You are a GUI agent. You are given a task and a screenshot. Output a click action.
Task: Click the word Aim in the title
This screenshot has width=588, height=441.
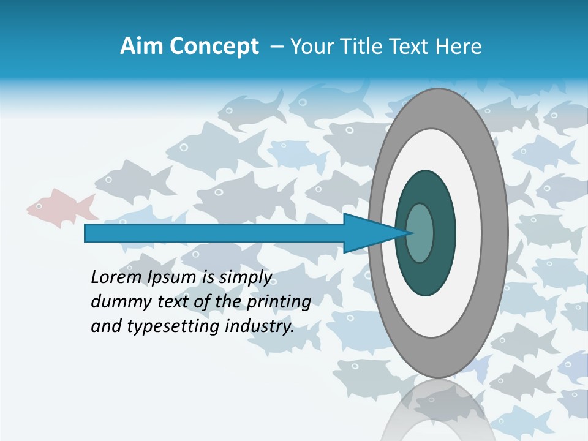pyautogui.click(x=140, y=47)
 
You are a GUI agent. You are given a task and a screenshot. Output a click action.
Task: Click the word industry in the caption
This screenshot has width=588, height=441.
pyautogui.click(x=260, y=326)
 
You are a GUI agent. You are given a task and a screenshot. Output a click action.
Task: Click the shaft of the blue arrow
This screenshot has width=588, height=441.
pyautogui.click(x=214, y=233)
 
